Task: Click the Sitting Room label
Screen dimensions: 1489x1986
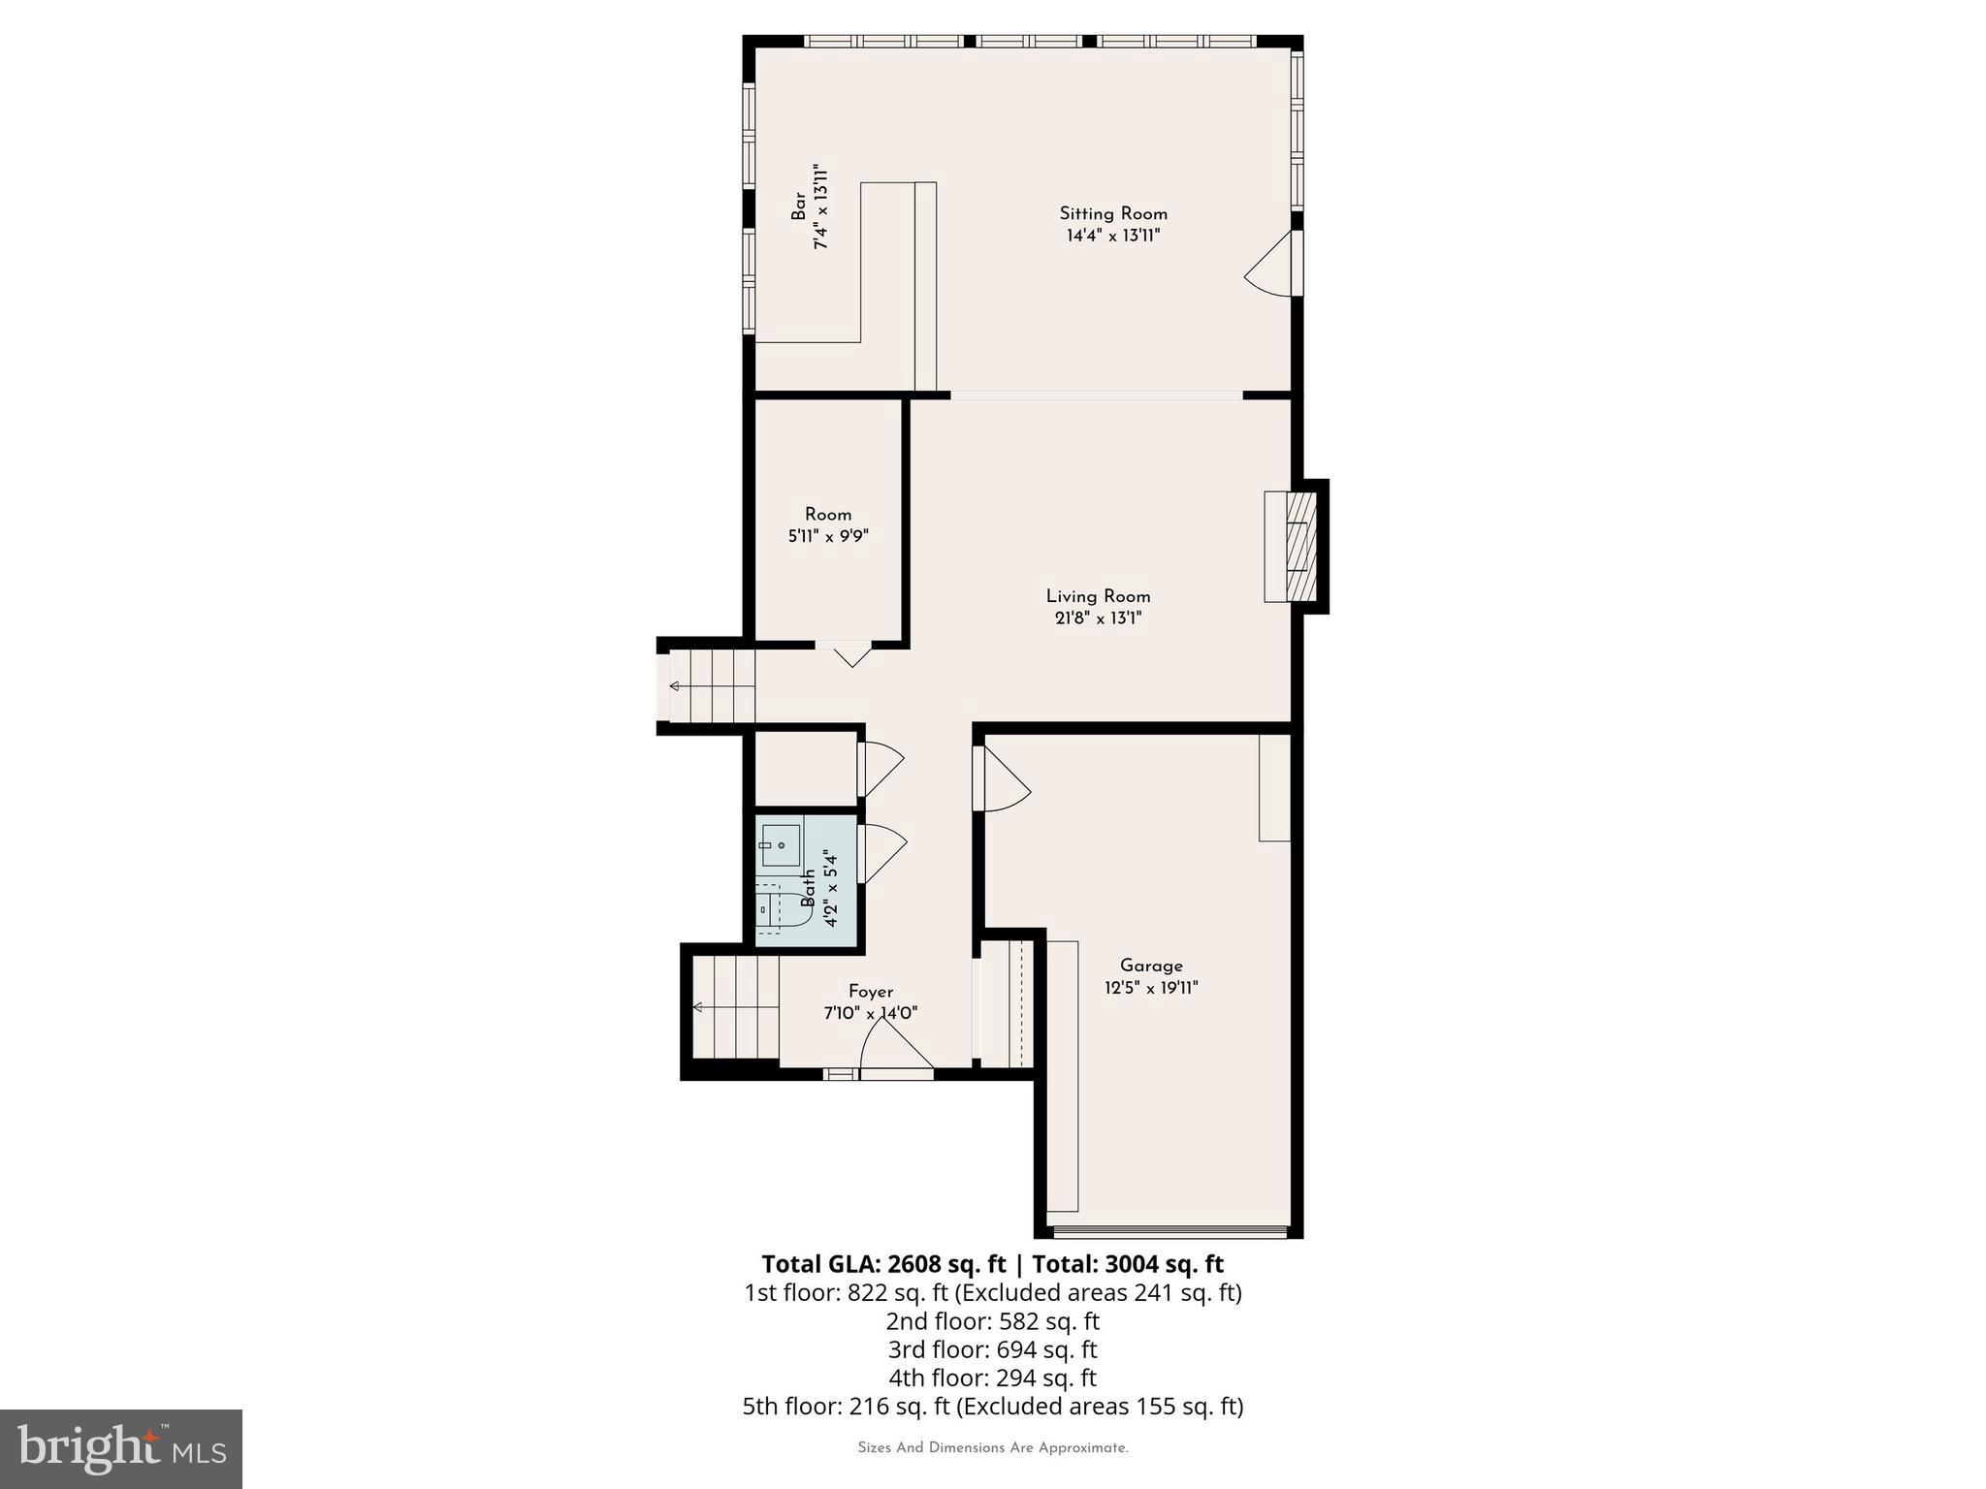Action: coord(1112,213)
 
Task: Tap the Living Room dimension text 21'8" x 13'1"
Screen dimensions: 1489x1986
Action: coord(1098,618)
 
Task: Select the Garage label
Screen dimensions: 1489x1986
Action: coord(1151,966)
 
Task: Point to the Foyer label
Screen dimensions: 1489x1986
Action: coord(870,992)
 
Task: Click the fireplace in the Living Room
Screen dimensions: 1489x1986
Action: coord(1292,547)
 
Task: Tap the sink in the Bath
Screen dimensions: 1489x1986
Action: coord(780,845)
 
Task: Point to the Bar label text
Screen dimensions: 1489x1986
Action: coord(798,206)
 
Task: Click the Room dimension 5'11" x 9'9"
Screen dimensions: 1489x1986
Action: coord(827,536)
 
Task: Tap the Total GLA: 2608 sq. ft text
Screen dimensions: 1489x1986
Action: coord(883,1264)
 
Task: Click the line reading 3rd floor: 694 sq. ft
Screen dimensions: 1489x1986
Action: coord(992,1349)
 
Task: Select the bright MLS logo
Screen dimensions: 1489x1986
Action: coord(121,1448)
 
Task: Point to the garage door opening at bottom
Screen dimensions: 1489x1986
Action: coord(1169,1232)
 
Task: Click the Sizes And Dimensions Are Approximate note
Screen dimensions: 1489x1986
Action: coord(992,1448)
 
